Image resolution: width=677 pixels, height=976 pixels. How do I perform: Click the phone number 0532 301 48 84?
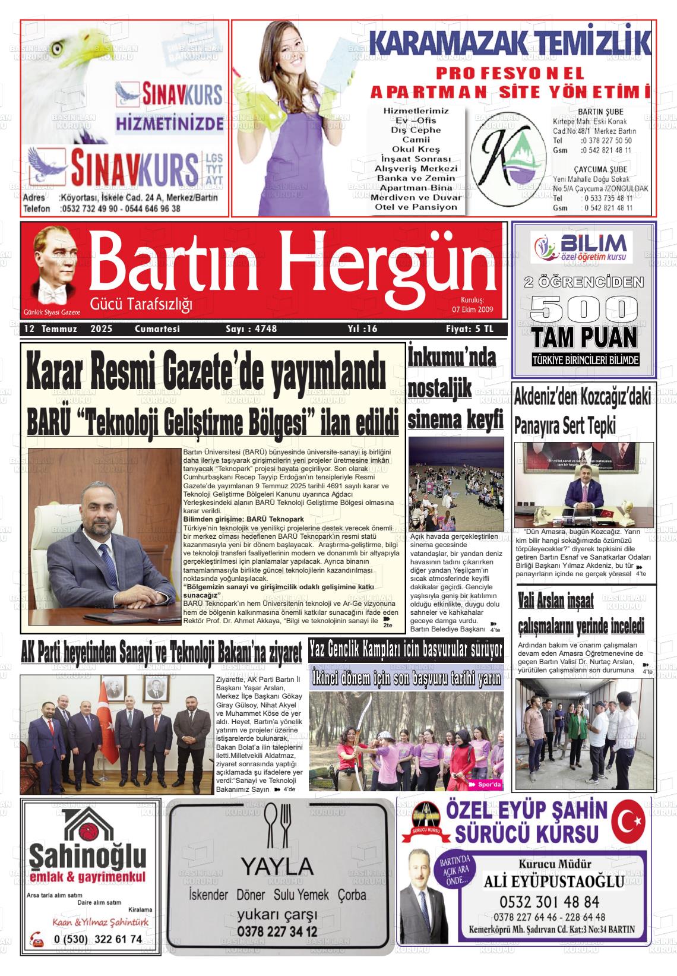coord(549,902)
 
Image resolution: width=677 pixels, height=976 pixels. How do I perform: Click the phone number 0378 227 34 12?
coord(277,931)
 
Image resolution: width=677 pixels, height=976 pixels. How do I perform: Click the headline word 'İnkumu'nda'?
coord(451,358)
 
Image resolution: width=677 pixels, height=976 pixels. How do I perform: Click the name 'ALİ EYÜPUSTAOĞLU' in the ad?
coord(553,881)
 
